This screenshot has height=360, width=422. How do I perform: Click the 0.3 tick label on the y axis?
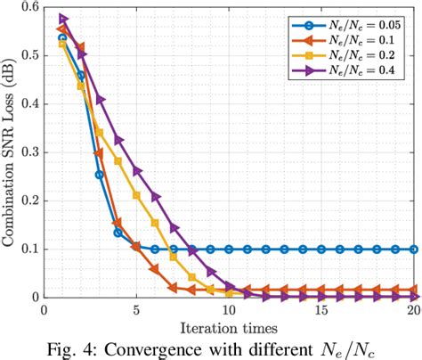click(x=28, y=152)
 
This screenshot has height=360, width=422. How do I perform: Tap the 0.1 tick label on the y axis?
click(x=28, y=250)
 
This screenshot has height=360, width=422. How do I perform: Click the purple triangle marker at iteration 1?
click(x=63, y=18)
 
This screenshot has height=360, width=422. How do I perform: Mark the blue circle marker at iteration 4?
click(x=118, y=233)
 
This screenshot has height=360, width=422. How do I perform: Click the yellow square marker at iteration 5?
click(x=136, y=195)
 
